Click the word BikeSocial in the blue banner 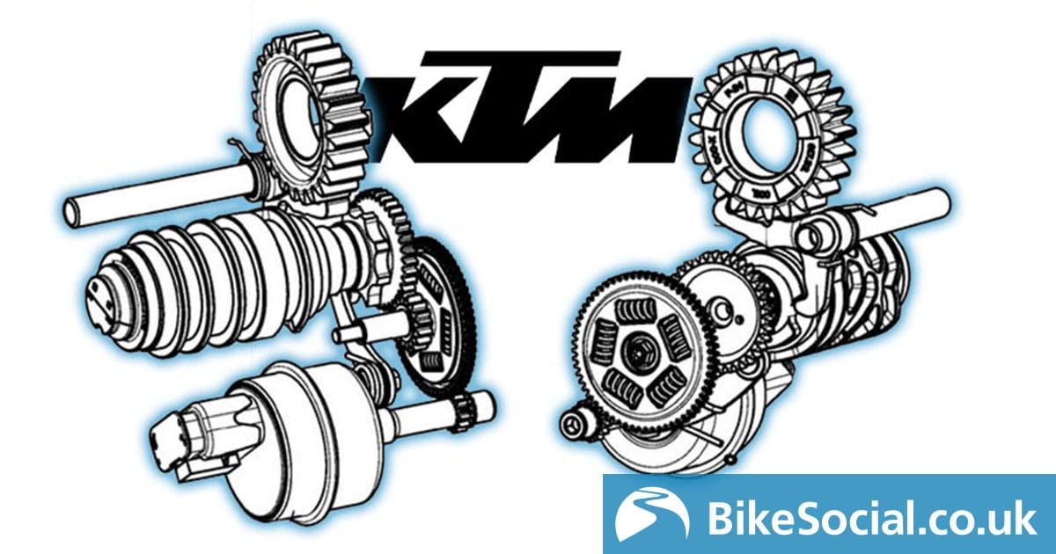click(x=805, y=518)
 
